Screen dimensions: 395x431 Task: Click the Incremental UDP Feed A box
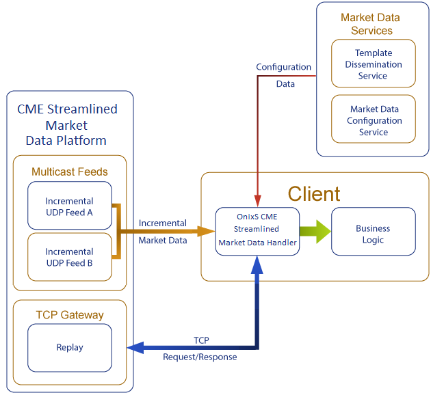[x=70, y=206]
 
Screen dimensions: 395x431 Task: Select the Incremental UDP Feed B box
[x=70, y=257]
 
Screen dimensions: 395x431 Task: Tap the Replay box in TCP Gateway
[x=70, y=347]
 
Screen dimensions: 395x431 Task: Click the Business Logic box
[x=373, y=234]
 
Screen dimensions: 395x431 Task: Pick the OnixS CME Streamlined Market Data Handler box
[x=257, y=230]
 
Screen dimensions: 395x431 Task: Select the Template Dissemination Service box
[x=373, y=64]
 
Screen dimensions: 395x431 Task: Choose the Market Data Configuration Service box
[x=373, y=120]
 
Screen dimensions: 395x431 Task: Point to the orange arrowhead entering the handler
[x=206, y=232]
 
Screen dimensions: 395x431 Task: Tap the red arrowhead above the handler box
[x=257, y=200]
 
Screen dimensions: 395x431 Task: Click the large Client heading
[x=313, y=193]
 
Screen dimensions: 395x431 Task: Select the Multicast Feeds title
[x=69, y=172]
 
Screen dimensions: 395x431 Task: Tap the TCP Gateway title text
[x=69, y=314]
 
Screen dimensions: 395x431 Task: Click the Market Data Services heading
[x=370, y=24]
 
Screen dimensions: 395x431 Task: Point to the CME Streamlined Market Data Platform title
[x=66, y=125]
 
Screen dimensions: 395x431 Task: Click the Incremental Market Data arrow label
[x=162, y=231]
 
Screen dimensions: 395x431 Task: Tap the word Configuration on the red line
[x=283, y=67]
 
